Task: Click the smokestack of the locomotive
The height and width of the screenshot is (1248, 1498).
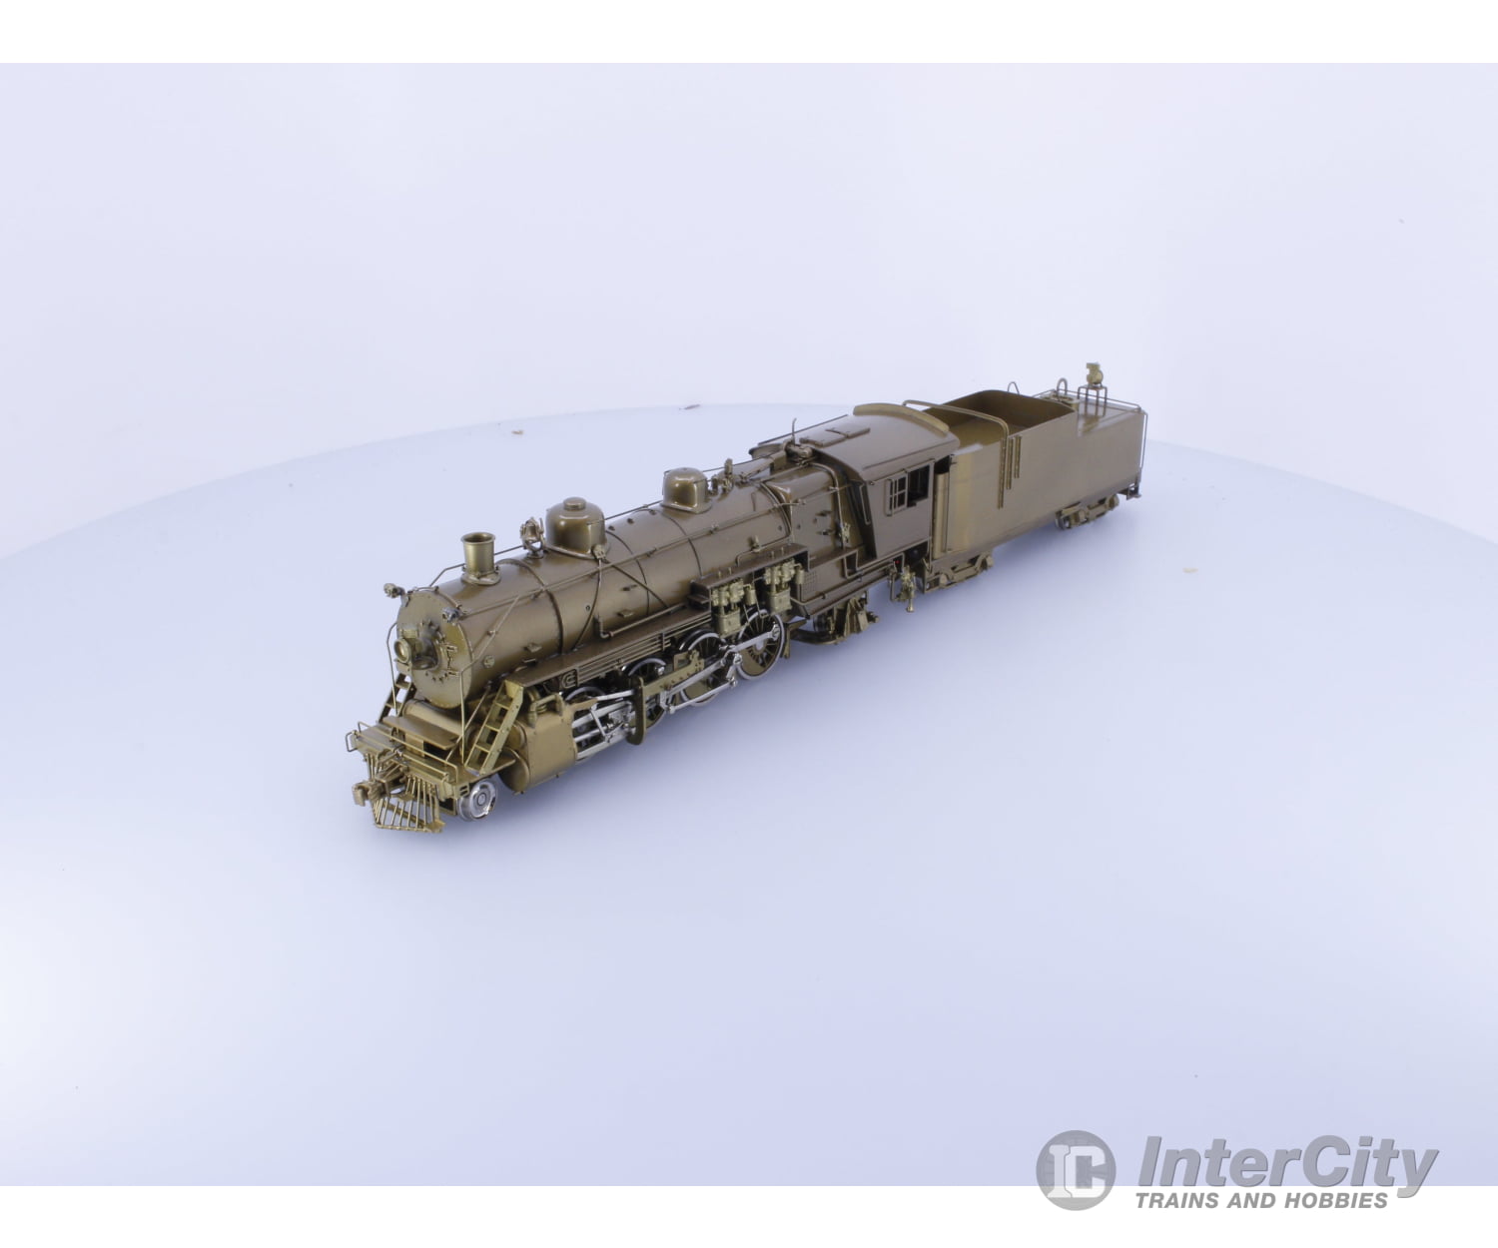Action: pos(479,554)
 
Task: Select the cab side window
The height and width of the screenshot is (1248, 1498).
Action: pos(910,488)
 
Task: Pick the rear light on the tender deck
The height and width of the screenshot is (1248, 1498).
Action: pos(1096,375)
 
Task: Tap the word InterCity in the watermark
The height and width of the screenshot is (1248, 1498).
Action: pos(1288,1164)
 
